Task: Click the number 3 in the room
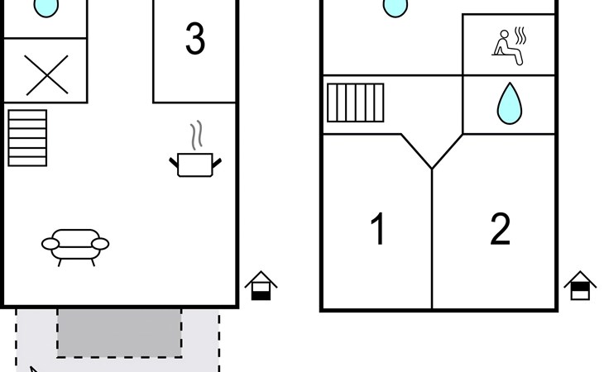195,38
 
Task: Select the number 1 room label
378,228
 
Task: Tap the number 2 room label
501,228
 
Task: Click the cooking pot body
195,165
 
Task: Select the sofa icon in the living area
75,247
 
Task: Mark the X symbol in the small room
46,75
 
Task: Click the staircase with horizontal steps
27,138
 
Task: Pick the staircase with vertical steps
356,103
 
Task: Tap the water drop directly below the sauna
509,104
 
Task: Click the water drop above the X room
46,7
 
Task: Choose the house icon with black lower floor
261,286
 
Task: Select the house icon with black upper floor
580,286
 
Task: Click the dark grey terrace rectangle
119,333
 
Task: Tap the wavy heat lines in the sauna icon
520,36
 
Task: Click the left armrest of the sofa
50,244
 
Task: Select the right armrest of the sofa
101,244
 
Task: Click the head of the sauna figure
504,35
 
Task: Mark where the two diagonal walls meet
432,169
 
